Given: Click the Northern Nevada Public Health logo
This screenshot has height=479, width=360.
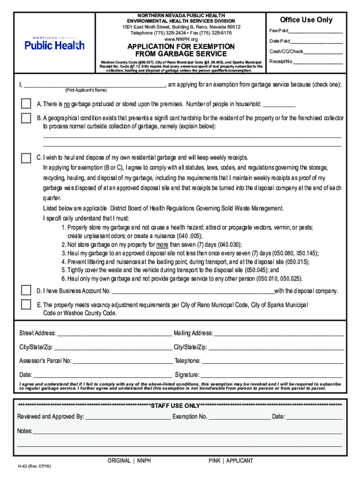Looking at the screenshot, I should [x=54, y=44].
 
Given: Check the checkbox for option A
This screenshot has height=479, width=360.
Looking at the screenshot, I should [x=26, y=104].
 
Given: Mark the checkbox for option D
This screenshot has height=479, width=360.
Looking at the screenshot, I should [x=26, y=290].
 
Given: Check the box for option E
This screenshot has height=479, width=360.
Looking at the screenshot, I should [x=26, y=305].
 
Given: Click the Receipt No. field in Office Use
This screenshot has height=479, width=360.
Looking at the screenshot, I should [x=318, y=62].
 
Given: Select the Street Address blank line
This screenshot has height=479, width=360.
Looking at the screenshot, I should [x=114, y=334].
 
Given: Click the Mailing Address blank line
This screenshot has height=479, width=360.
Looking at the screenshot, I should [x=279, y=334].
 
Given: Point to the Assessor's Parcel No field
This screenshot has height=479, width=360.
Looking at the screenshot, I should [x=122, y=361].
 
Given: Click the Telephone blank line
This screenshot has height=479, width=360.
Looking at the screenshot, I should [x=272, y=361].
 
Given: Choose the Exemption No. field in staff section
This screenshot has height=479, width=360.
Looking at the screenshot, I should [x=239, y=417].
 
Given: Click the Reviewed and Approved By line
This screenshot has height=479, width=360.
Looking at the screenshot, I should [x=128, y=417].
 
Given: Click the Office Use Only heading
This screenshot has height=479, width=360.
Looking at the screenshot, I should [x=306, y=20].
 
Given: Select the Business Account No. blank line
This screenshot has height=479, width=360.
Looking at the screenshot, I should [x=193, y=291].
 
